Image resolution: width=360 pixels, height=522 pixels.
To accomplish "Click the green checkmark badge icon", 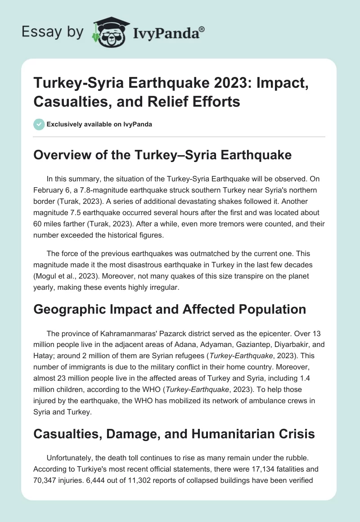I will pos(39,124).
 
